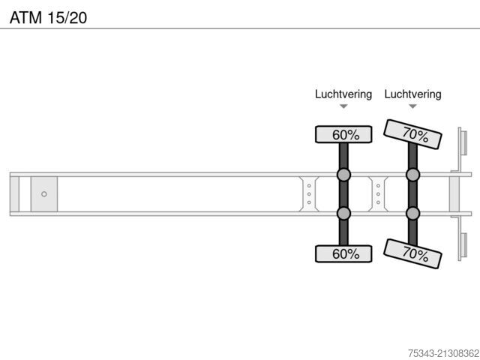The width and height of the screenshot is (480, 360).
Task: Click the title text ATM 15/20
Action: pos(48,18)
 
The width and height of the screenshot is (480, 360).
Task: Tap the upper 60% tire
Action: pos(343,134)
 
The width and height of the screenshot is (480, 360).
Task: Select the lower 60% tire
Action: pos(343,253)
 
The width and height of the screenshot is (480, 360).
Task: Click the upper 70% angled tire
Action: pos(412,134)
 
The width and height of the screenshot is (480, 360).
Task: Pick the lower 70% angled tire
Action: pos(412,253)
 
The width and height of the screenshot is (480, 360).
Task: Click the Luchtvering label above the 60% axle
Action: pos(343,94)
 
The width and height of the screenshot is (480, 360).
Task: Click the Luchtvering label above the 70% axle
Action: pos(412,94)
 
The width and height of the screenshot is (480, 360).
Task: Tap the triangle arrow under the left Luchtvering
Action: pos(343,106)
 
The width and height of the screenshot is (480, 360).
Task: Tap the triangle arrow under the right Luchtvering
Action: pos(412,106)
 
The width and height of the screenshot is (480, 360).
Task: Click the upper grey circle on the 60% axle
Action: pos(343,175)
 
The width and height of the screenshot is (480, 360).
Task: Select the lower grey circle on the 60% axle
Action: pos(343,213)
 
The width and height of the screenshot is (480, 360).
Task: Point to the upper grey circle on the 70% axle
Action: pos(412,175)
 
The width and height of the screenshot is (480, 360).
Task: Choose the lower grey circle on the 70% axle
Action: pos(412,213)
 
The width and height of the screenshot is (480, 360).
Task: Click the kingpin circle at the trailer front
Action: pos(44,194)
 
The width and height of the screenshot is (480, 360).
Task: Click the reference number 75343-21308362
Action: pos(443,353)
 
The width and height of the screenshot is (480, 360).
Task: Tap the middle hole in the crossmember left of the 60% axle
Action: pos(309,194)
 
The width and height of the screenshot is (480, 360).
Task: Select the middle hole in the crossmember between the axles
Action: pos(378,194)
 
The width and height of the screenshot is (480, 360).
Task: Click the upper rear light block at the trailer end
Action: pos(463,143)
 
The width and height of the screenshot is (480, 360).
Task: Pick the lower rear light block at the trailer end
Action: pos(463,245)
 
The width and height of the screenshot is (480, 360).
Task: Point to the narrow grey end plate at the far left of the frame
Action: pos(14,194)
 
